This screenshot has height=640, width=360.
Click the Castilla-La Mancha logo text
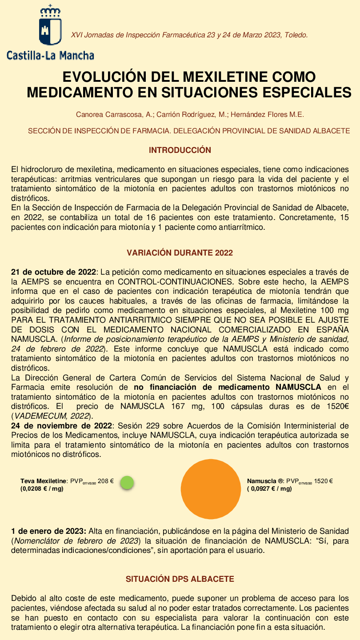click(50, 56)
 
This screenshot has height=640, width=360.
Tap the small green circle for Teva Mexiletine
click(127, 483)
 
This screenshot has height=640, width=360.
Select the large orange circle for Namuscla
click(211, 489)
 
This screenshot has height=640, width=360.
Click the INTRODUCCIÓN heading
click(180, 150)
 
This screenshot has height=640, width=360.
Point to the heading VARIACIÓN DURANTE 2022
click(180, 253)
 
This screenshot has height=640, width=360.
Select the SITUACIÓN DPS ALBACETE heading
click(180, 579)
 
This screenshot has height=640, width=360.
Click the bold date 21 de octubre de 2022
click(53, 272)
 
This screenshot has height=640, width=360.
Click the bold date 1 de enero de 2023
click(48, 531)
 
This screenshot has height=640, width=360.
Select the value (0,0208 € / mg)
click(42, 489)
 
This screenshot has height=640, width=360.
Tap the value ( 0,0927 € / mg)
click(269, 489)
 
